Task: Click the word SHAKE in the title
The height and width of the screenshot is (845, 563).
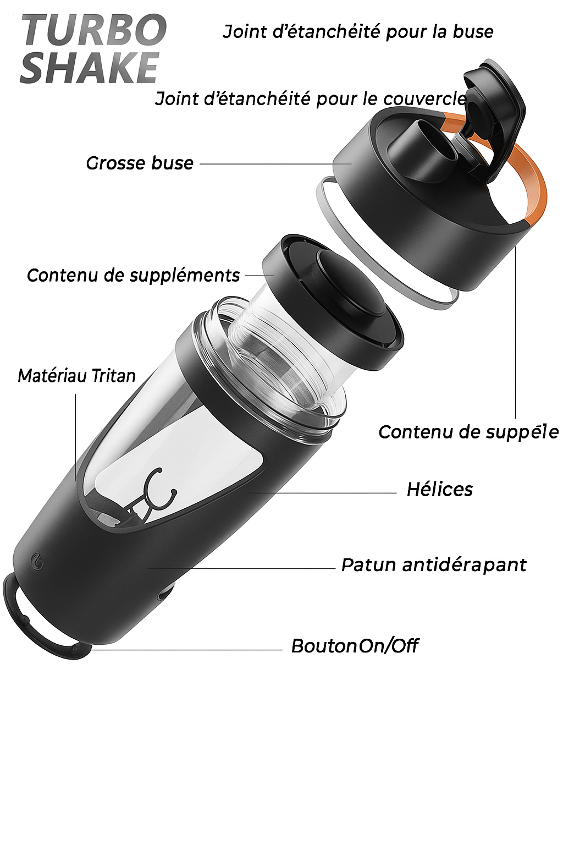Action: point(90,68)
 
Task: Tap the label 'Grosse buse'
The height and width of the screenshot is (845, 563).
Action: point(140,163)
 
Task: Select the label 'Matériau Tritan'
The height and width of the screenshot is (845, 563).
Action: point(76,376)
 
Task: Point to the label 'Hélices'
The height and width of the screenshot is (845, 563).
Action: point(439,489)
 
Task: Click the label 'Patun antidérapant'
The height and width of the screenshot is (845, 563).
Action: point(433,564)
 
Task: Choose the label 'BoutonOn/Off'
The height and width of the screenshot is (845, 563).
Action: point(354,645)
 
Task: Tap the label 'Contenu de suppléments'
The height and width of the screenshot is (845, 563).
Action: point(133,275)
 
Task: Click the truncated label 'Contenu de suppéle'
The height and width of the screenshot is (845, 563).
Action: point(468,432)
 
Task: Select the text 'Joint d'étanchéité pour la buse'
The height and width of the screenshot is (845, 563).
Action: point(358,32)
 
